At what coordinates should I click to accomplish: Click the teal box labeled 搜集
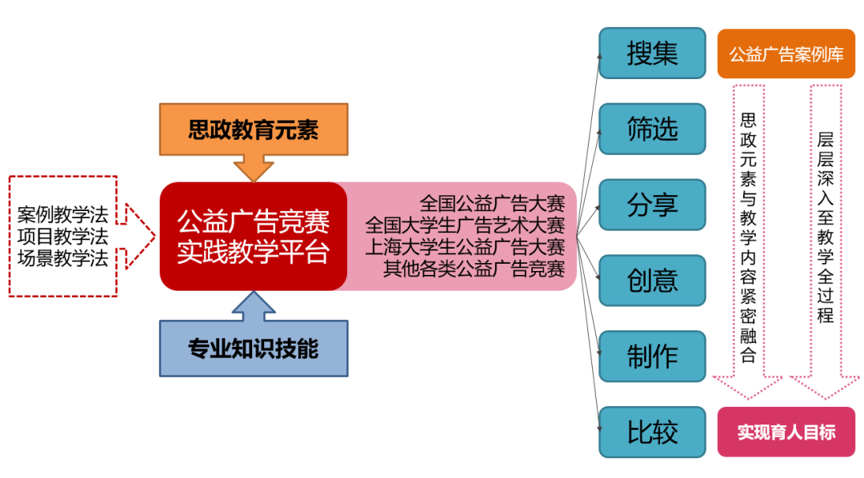tap(652, 53)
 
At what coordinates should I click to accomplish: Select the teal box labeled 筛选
tap(652, 129)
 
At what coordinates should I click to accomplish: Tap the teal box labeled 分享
tap(652, 205)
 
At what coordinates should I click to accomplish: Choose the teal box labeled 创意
tap(652, 281)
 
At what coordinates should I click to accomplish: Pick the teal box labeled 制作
tap(652, 357)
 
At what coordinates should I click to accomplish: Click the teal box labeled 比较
tap(652, 432)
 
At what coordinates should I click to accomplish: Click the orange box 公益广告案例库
tap(786, 54)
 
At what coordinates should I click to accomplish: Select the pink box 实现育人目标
tap(786, 432)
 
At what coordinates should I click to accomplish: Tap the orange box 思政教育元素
tap(253, 129)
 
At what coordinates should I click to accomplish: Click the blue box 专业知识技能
tap(253, 349)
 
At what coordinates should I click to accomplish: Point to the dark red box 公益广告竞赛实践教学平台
tap(253, 237)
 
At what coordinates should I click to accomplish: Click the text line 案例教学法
tap(62, 215)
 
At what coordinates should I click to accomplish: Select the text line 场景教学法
tap(62, 258)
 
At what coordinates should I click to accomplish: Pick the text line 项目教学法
tap(62, 237)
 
